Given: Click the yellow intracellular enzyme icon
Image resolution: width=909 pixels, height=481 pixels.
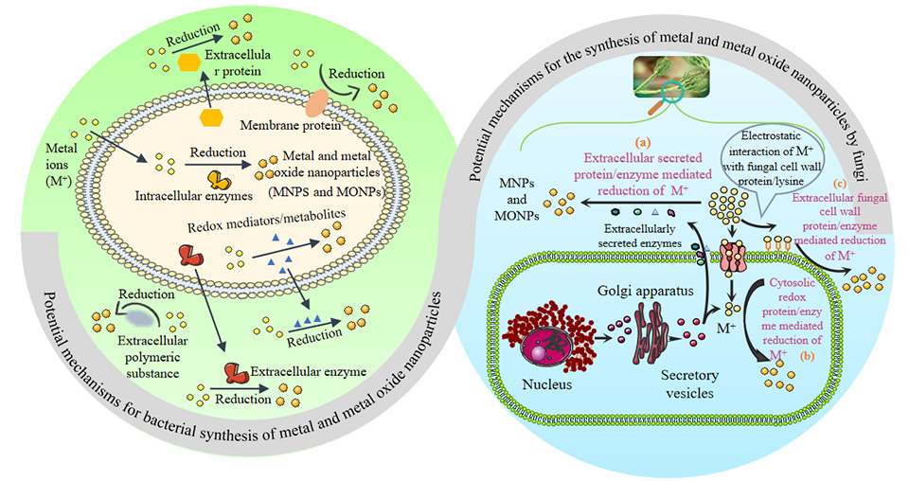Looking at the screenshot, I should pyautogui.click(x=217, y=179).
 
